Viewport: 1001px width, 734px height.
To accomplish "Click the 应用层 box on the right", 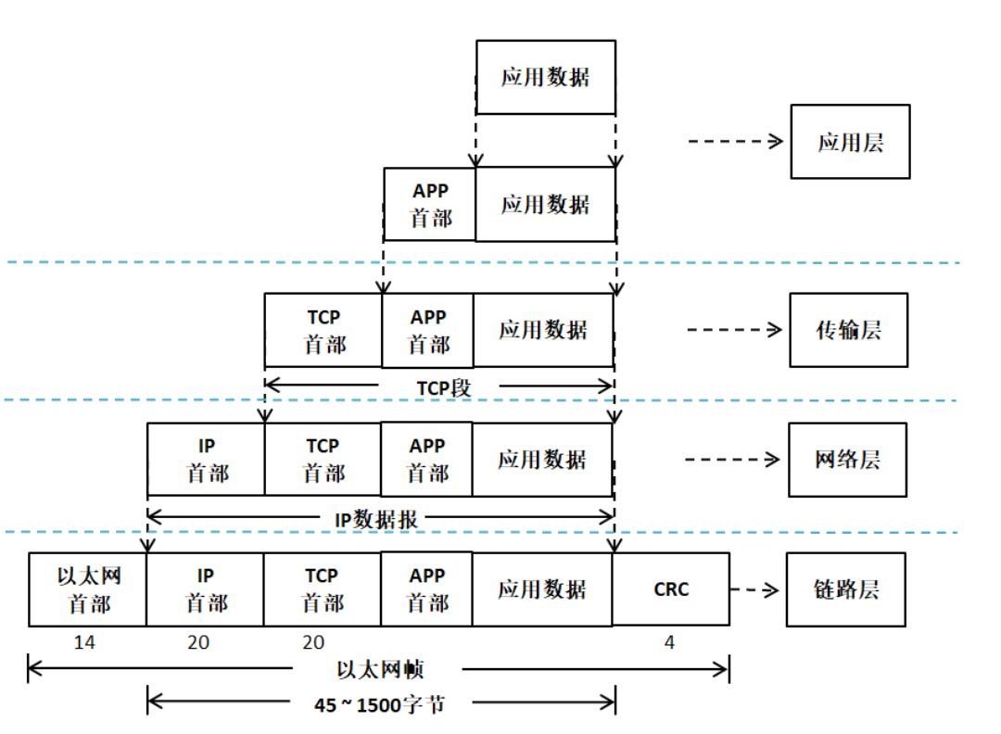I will [x=850, y=142].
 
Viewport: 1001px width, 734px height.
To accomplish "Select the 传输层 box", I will [x=848, y=330].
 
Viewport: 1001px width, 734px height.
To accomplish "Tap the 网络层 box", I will [x=847, y=460].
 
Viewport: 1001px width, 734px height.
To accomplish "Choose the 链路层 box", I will [x=845, y=589].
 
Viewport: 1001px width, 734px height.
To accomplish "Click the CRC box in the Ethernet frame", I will [x=671, y=589].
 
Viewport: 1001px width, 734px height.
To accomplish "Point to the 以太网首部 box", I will [x=88, y=589].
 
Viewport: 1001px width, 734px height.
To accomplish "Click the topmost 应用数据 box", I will [x=545, y=77].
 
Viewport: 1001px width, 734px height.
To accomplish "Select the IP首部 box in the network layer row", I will [x=206, y=460].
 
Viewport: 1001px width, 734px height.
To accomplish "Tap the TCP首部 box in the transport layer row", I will [x=323, y=331].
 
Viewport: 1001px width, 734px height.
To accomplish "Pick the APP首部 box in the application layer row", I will [x=429, y=205].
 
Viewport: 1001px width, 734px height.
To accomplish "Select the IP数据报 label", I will [x=375, y=520].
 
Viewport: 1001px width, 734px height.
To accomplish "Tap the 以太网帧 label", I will [x=380, y=669].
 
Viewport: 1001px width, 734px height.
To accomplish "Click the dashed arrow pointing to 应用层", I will [x=736, y=142].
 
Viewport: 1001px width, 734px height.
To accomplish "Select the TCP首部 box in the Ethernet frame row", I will [x=322, y=589].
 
